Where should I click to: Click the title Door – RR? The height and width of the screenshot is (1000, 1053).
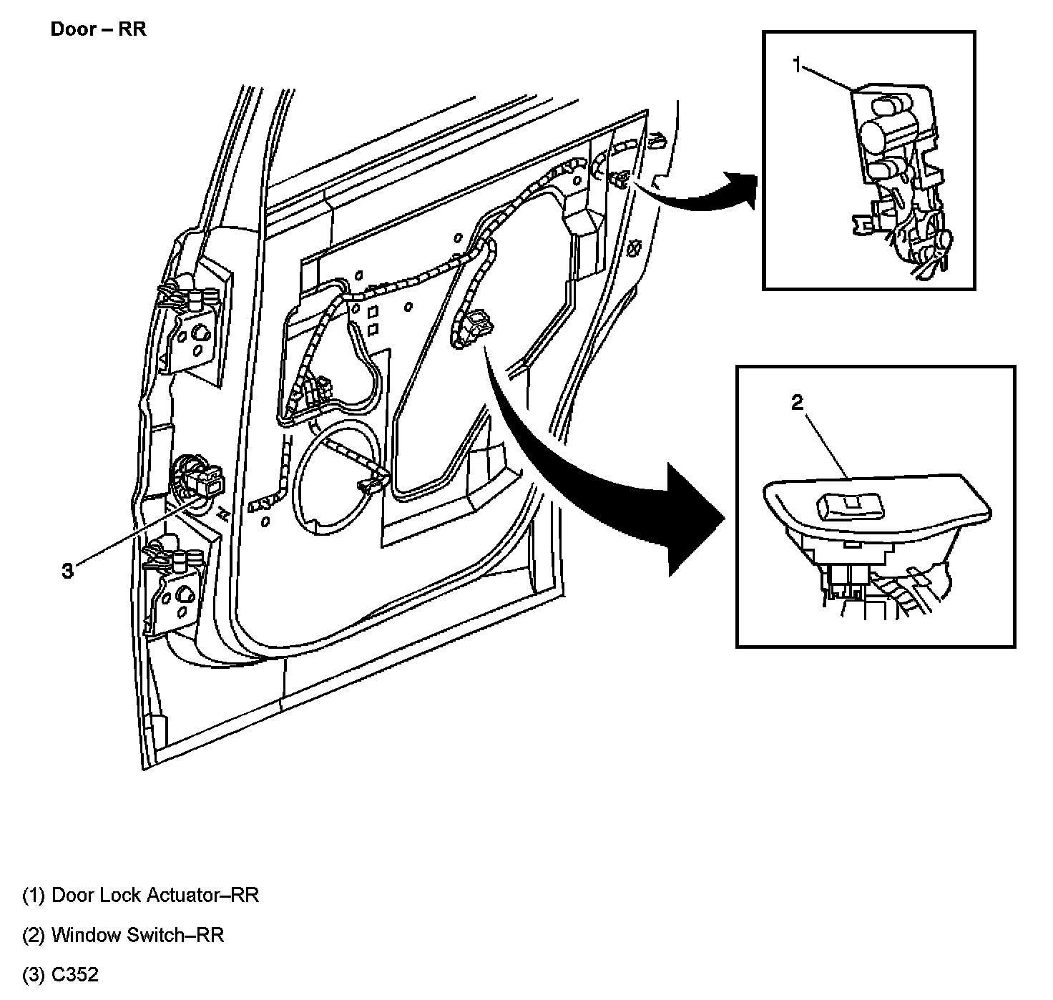coord(98,30)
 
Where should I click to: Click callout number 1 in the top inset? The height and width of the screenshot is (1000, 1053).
coord(798,65)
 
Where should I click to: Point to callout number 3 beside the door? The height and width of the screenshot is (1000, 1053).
coord(67,571)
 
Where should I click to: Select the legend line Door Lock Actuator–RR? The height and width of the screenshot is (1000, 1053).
coord(140,895)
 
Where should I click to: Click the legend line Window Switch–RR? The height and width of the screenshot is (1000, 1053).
coord(123,935)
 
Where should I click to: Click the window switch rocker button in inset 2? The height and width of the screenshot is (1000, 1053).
coord(851,507)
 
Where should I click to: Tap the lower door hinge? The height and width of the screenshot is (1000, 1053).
coord(175,583)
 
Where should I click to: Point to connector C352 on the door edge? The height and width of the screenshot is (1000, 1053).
coord(200,479)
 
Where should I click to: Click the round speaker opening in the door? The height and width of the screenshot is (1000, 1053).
coord(336,476)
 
